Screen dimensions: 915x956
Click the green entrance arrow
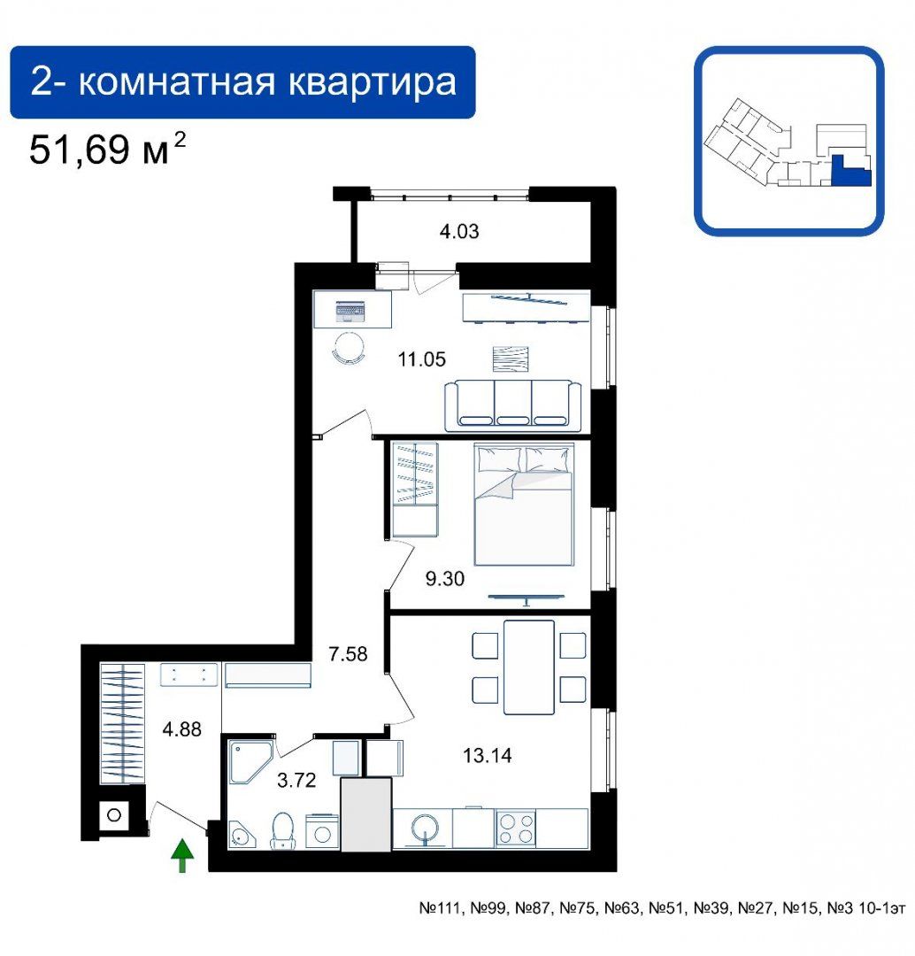point(181,855)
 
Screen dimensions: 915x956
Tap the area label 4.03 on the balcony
point(459,231)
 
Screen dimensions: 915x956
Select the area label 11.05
point(421,359)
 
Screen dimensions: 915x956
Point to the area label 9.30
point(444,578)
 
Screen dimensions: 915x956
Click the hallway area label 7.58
point(348,653)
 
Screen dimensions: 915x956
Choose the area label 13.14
point(487,755)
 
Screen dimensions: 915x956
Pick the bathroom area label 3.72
point(296,780)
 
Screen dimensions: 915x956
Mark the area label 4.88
point(181,729)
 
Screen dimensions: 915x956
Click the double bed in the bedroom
point(524,505)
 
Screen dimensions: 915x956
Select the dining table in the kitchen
point(528,667)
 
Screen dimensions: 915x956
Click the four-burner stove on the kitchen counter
point(516,828)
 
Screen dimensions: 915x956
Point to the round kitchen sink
point(425,829)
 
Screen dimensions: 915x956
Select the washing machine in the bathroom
point(322,830)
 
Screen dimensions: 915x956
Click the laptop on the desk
point(350,312)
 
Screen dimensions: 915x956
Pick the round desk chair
point(349,348)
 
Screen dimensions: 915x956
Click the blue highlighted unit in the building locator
point(851,171)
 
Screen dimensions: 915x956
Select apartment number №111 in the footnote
point(442,908)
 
